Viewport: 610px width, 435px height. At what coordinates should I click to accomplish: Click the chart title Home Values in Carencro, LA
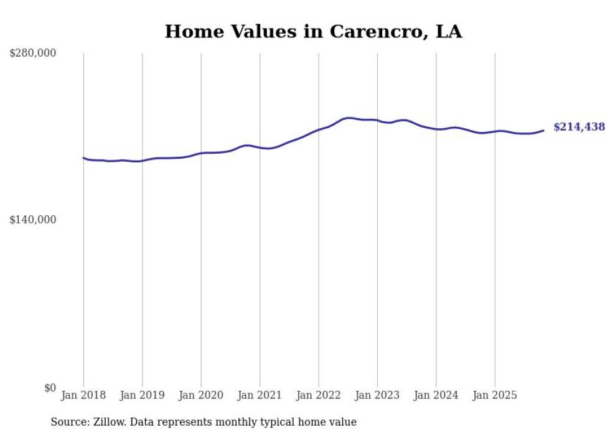313,32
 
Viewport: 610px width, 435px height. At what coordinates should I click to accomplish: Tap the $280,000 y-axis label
33,54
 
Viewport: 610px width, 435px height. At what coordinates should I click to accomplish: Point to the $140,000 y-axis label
33,220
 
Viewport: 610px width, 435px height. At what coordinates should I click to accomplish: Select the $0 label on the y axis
50,388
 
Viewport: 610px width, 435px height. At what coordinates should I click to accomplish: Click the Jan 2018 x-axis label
83,395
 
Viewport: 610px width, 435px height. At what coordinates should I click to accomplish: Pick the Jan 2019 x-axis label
142,395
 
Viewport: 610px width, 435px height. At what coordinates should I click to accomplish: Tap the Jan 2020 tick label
201,395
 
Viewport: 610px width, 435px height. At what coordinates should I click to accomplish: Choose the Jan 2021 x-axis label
260,395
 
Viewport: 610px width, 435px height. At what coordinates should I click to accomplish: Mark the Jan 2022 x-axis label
319,395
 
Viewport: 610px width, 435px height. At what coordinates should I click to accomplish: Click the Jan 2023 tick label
377,395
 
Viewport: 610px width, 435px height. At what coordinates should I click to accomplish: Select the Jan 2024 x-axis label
436,395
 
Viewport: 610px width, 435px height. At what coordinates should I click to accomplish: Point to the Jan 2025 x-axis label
495,395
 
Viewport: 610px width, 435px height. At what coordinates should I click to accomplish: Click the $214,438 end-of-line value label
579,127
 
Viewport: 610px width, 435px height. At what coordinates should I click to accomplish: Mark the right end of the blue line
543,130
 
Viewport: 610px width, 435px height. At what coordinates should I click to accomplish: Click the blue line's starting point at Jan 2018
83,158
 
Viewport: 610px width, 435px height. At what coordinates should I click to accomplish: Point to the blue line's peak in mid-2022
349,118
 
